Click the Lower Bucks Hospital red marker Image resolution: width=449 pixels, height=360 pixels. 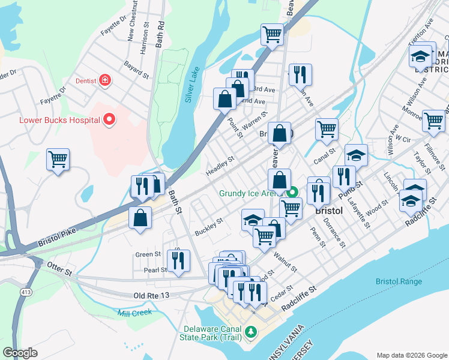[x=109, y=120]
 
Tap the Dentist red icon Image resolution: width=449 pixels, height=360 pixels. [x=105, y=80]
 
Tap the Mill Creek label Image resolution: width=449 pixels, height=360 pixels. [x=132, y=313]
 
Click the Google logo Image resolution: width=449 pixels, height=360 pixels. [x=20, y=353]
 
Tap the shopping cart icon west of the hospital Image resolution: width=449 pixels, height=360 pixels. [x=58, y=160]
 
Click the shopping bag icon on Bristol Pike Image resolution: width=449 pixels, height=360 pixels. [x=140, y=218]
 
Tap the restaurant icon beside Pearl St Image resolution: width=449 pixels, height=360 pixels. [x=178, y=260]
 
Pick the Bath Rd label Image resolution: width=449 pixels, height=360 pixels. [x=159, y=35]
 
